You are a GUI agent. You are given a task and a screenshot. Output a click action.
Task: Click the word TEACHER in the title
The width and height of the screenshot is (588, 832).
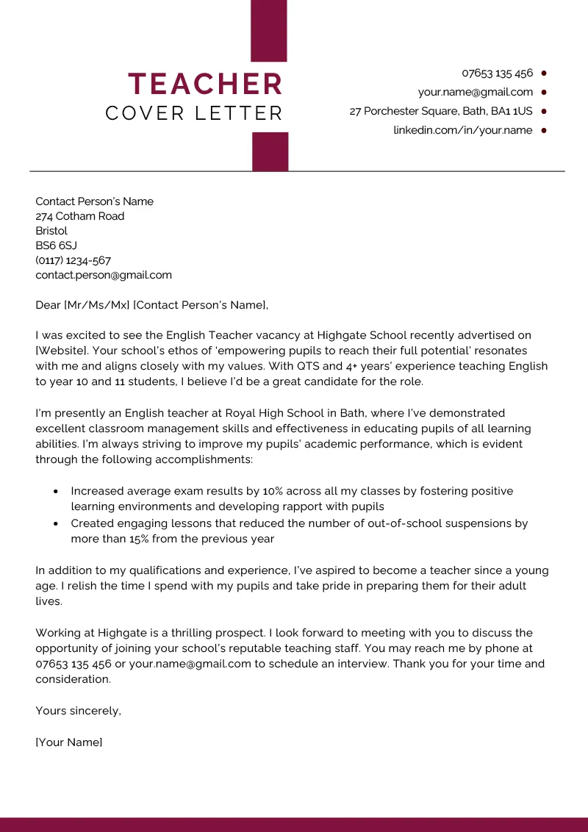click(206, 84)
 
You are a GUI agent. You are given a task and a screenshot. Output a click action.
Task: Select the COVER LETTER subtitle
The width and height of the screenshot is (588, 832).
click(194, 114)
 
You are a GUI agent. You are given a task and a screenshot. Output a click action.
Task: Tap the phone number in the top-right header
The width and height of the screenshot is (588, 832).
click(497, 73)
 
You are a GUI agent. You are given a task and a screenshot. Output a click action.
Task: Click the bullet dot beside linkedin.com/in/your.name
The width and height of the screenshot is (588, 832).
click(544, 130)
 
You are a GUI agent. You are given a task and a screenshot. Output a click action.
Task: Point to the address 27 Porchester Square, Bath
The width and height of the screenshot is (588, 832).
click(440, 111)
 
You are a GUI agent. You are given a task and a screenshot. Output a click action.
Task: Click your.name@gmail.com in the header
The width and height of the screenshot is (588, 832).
click(475, 92)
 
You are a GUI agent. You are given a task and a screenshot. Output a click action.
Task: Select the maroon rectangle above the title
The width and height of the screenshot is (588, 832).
click(269, 30)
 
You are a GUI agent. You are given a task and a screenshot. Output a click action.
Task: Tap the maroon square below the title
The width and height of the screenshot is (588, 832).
click(270, 151)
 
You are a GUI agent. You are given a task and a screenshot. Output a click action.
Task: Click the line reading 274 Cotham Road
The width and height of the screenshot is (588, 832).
click(80, 216)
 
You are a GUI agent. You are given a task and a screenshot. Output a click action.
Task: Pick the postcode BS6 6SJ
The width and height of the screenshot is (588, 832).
click(56, 245)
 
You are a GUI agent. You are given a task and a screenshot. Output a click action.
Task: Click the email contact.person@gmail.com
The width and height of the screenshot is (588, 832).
click(104, 275)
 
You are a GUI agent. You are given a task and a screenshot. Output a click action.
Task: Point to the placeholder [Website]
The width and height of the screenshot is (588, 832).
click(61, 351)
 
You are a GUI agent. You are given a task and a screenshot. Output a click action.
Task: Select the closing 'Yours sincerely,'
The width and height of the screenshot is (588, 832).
click(78, 711)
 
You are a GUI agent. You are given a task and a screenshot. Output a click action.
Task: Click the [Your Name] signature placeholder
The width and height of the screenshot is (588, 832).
click(69, 742)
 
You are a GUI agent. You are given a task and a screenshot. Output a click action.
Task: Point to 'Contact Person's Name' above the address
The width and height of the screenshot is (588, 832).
click(94, 201)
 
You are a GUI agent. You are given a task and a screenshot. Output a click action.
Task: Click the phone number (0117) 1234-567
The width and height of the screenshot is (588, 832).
click(73, 260)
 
